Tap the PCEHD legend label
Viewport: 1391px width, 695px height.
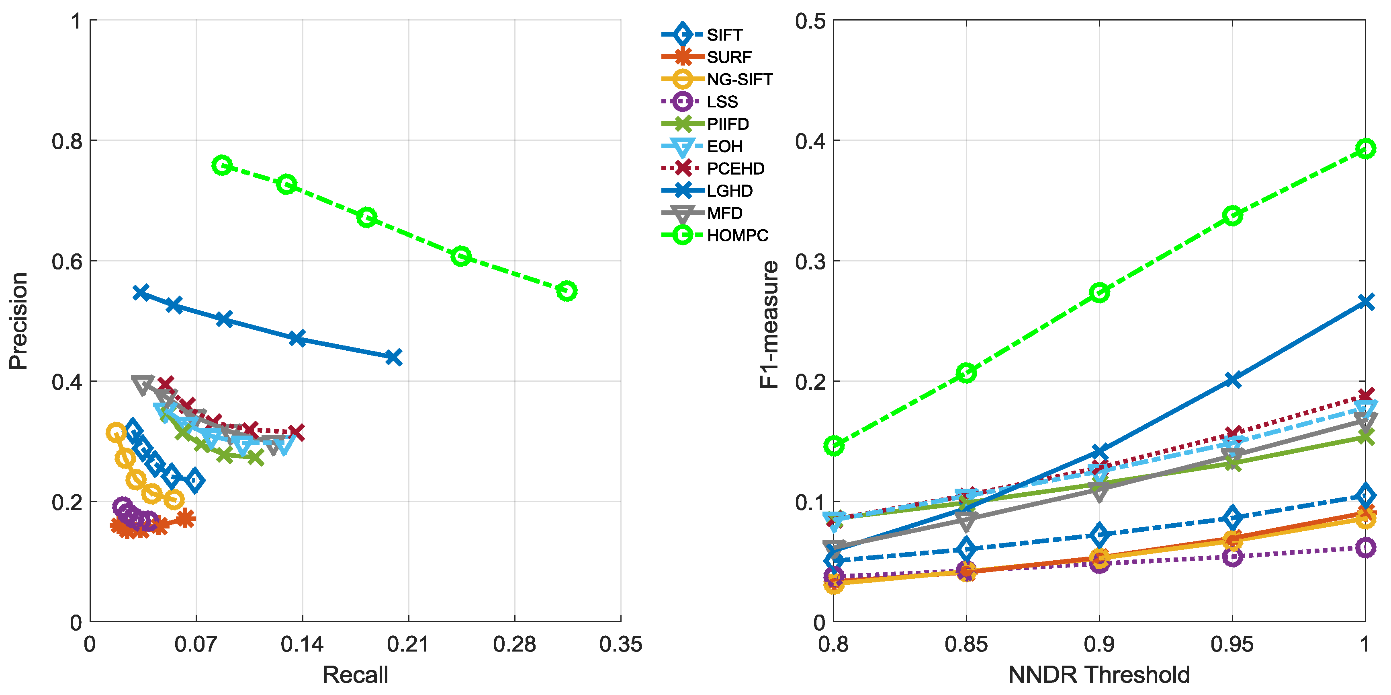tap(735, 169)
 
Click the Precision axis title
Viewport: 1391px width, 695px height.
tap(18, 321)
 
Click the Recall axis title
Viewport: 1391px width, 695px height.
tap(355, 675)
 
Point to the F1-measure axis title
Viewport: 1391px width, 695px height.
tap(769, 324)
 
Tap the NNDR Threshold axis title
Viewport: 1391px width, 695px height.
tap(1099, 675)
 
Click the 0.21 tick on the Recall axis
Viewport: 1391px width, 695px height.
tap(408, 644)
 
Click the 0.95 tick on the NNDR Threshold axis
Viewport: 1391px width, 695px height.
tap(1232, 644)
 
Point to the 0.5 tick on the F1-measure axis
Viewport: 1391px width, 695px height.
tap(810, 22)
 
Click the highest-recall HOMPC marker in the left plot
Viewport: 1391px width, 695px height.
tap(567, 291)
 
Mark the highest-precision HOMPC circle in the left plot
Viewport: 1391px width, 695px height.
tap(222, 165)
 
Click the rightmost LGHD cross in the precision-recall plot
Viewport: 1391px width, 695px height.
tap(394, 357)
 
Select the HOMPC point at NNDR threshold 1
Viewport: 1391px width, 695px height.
tap(1365, 149)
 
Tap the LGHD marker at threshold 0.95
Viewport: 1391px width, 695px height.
tap(1232, 380)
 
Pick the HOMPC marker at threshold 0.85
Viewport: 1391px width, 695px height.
tap(966, 373)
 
